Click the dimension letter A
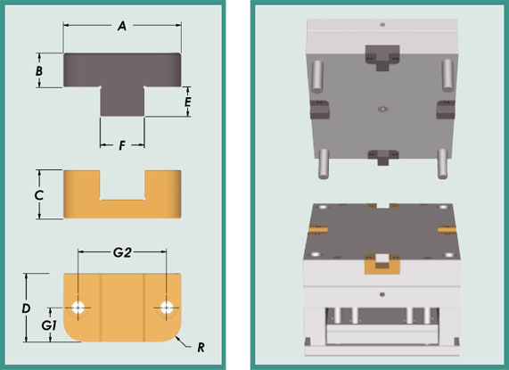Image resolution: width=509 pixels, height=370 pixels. click(x=122, y=26)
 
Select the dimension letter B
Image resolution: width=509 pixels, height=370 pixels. click(x=39, y=70)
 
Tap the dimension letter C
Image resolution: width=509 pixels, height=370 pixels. click(x=38, y=195)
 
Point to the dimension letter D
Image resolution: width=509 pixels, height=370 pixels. click(x=26, y=308)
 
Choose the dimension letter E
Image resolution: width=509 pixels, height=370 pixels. click(x=187, y=102)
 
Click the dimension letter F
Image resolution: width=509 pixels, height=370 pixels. click(x=122, y=145)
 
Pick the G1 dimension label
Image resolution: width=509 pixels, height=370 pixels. click(x=49, y=325)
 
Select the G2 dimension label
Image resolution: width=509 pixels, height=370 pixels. click(x=122, y=252)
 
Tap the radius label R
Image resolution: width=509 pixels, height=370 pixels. click(x=201, y=348)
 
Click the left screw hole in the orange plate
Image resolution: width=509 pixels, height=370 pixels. click(x=78, y=308)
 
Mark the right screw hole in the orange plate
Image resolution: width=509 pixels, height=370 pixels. click(x=167, y=308)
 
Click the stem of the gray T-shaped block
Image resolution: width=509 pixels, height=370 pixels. click(x=122, y=101)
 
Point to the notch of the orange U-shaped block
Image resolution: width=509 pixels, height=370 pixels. click(x=122, y=185)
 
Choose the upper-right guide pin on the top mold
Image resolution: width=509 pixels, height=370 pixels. click(x=447, y=75)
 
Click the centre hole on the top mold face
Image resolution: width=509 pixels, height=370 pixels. click(x=383, y=109)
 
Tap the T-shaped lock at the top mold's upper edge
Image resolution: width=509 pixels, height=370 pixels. click(x=382, y=58)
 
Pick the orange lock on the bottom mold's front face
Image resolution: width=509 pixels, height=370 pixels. click(x=382, y=264)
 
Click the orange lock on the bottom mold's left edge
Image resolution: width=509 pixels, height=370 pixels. click(x=318, y=229)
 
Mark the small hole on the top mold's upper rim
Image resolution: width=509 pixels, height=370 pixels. click(x=382, y=24)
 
